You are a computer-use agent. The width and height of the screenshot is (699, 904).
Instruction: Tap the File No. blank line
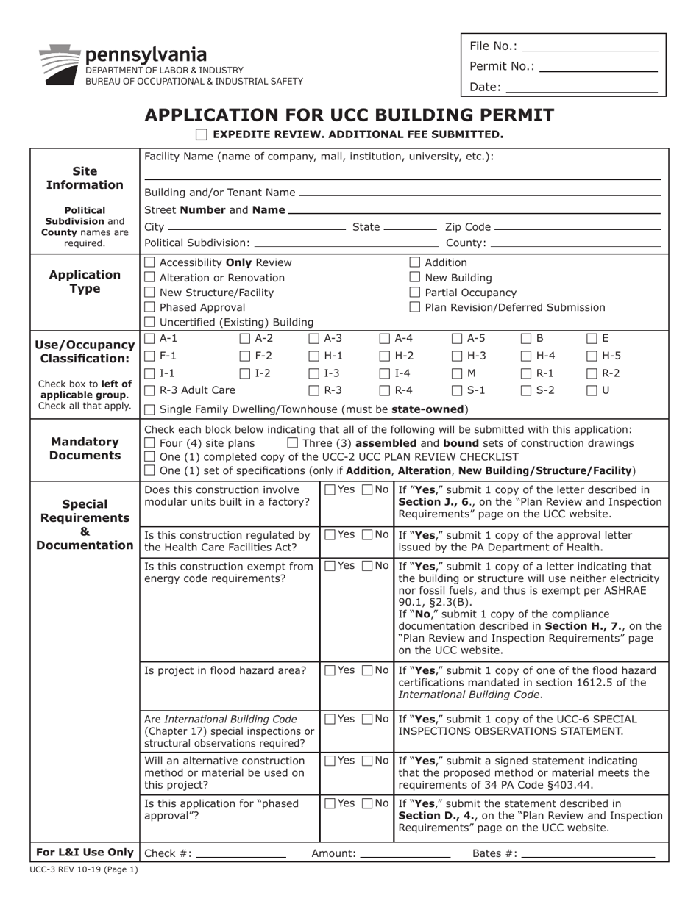(x=589, y=47)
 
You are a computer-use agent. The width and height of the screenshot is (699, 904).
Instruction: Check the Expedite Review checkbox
(x=202, y=134)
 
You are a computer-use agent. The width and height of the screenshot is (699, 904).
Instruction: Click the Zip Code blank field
(x=578, y=227)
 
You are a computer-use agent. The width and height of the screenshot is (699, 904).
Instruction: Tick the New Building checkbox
(x=415, y=278)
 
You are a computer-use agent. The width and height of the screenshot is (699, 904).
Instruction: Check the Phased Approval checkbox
(x=150, y=307)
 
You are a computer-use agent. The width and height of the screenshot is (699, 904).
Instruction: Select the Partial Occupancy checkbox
(x=415, y=293)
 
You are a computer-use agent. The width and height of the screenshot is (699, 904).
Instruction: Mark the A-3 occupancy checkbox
(x=314, y=339)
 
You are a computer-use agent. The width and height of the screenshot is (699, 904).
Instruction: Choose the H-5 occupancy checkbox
(x=592, y=356)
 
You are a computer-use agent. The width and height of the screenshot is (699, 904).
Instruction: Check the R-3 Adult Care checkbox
(x=150, y=390)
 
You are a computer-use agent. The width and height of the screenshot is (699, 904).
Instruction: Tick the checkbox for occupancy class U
(x=592, y=390)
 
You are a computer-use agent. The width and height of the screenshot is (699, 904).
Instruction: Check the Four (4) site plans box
(x=150, y=443)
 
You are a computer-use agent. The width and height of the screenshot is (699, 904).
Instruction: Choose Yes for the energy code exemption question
(x=330, y=566)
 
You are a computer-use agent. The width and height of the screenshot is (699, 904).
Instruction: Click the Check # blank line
(x=241, y=855)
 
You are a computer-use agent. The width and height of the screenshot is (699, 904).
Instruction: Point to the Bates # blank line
(x=588, y=855)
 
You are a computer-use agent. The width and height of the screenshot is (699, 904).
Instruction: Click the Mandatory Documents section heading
(x=85, y=448)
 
